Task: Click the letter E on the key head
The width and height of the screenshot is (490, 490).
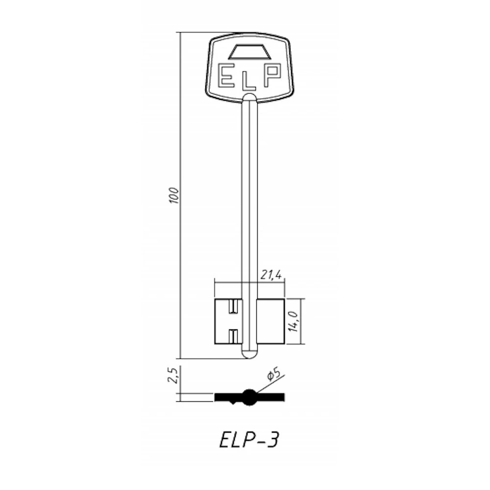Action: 224,75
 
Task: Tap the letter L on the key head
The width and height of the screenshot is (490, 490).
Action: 249,82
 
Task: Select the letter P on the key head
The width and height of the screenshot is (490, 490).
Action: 273,75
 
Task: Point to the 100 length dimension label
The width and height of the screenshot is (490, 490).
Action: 174,196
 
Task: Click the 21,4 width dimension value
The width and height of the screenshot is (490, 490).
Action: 270,275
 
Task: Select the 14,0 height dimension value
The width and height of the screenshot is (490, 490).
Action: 294,321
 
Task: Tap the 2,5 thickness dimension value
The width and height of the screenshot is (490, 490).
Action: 173,375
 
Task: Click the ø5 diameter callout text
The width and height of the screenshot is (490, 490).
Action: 274,375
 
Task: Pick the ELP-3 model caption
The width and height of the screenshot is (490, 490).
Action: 248,441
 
